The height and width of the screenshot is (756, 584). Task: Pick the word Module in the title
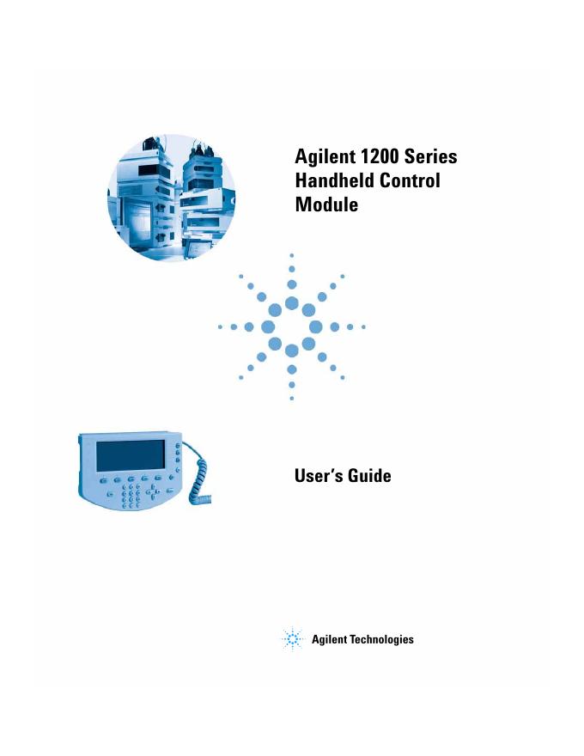pyautogui.click(x=325, y=205)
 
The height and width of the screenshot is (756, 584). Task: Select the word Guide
pyautogui.click(x=369, y=475)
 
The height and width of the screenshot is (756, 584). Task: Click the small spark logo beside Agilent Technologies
pyautogui.click(x=294, y=639)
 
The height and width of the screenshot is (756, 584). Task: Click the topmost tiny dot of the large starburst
pyautogui.click(x=292, y=255)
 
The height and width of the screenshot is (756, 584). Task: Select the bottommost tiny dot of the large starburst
pyautogui.click(x=292, y=399)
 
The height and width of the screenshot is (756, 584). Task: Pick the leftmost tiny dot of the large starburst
pyautogui.click(x=220, y=327)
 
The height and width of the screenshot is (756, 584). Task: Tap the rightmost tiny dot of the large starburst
pyautogui.click(x=364, y=327)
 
